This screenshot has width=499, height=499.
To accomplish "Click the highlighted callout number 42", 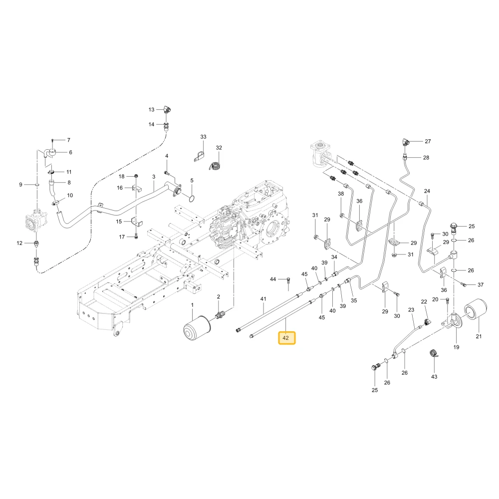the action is click(x=285, y=338).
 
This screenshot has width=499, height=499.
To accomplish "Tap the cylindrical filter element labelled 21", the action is click(x=476, y=310).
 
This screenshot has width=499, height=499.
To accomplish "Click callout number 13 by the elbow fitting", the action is click(x=152, y=109).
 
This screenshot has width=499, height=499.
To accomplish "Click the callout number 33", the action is click(x=204, y=137).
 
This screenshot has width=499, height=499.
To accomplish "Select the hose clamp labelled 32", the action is click(x=215, y=166).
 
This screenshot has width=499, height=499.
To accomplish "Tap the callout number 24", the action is click(x=427, y=191).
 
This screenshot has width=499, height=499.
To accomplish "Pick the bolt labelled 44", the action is click(x=288, y=280).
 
